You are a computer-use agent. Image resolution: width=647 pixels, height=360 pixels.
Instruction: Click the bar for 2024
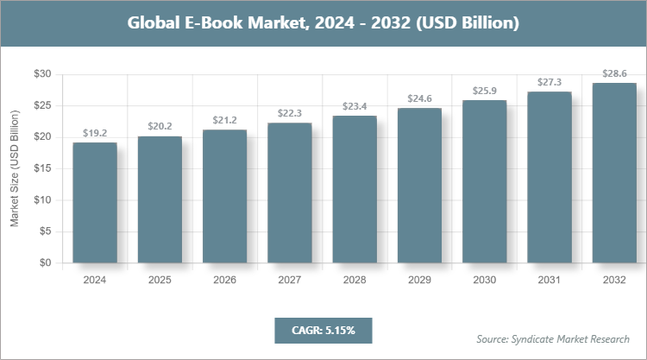(x=95, y=203)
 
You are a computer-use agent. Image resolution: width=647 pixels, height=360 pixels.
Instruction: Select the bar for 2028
(x=355, y=189)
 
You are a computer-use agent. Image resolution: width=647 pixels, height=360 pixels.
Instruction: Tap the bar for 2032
(x=614, y=173)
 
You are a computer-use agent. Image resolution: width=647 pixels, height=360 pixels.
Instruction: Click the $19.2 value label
(x=95, y=133)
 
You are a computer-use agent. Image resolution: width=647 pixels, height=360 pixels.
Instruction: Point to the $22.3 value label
(x=290, y=113)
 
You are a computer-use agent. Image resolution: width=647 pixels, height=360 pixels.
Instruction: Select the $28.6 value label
(x=614, y=73)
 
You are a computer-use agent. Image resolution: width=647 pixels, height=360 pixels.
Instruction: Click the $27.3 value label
(x=550, y=82)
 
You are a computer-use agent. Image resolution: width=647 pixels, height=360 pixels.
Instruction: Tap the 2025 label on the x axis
(x=160, y=280)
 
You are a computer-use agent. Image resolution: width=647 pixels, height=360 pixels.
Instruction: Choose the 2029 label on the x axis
(x=419, y=280)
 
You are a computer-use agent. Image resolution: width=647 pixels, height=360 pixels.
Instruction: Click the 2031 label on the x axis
(x=550, y=280)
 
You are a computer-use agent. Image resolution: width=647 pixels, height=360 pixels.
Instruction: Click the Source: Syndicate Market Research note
(x=553, y=338)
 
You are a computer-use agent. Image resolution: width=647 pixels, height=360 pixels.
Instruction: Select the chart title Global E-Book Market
(x=323, y=23)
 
